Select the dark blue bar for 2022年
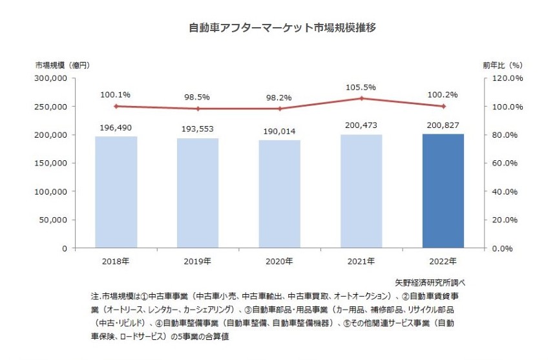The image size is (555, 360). coord(443,191)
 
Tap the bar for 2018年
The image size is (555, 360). coord(116,192)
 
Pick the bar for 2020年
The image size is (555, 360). coord(280,194)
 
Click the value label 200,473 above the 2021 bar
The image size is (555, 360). coord(362,123)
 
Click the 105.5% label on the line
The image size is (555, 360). coord(362,86)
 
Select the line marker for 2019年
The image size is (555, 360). coord(198,109)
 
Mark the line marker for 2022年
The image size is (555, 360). coord(443,106)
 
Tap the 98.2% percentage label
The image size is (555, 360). coord(280,97)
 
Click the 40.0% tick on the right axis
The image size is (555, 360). coord(508,191)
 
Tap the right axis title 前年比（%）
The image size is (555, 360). coord(502,65)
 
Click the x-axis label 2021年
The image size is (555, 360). coord(362,261)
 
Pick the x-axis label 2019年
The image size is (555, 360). coord(198,261)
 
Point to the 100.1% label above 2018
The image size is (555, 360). coord(116,94)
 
